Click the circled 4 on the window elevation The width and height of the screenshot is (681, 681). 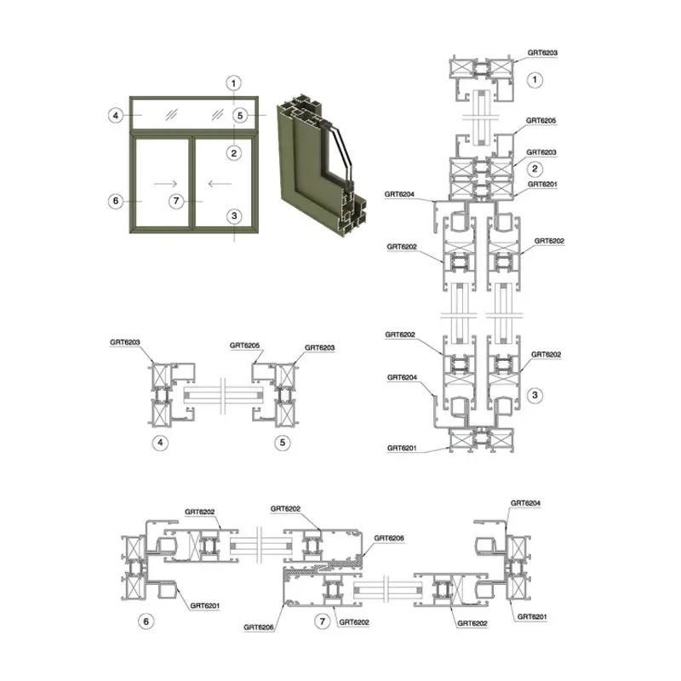(x=116, y=116)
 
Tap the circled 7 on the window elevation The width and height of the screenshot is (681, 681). (x=176, y=201)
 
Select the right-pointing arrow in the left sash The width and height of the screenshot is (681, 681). (x=165, y=184)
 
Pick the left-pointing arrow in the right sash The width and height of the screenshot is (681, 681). (x=220, y=184)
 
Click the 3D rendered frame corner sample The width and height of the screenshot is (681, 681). (x=321, y=166)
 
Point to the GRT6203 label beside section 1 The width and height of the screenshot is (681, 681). (x=542, y=53)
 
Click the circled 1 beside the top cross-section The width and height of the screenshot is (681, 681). (x=535, y=79)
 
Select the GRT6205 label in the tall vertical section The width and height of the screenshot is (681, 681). (x=541, y=120)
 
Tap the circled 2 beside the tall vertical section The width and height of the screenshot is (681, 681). (x=535, y=169)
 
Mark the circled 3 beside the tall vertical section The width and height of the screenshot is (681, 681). (x=535, y=395)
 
